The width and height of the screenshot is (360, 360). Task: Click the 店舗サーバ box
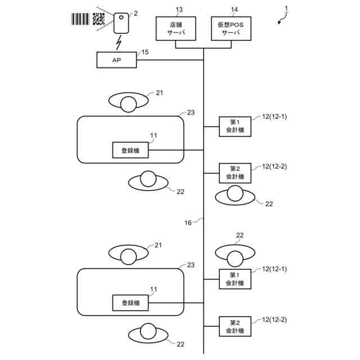click(x=176, y=29)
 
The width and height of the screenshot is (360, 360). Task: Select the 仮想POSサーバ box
click(x=231, y=29)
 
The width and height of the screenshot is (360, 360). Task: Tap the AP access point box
click(x=116, y=60)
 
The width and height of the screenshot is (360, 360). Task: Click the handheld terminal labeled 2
click(x=121, y=23)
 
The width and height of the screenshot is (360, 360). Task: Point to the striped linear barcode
click(x=80, y=19)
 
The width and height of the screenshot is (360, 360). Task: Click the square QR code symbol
click(x=99, y=19)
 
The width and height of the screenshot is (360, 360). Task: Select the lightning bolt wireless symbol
click(x=119, y=43)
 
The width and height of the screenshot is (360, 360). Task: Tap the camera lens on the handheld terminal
click(x=121, y=17)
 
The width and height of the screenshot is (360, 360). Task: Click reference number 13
click(x=179, y=10)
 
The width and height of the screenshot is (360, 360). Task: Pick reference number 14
click(x=234, y=10)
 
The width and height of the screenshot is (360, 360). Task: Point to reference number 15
click(x=145, y=52)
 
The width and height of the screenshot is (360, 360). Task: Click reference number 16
click(x=188, y=223)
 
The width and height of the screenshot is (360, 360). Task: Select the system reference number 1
click(x=286, y=8)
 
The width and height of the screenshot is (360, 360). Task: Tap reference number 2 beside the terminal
click(x=136, y=13)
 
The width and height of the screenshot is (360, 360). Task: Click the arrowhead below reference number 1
click(x=279, y=22)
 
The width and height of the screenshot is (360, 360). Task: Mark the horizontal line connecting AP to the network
click(x=170, y=60)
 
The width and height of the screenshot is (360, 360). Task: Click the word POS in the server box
click(x=236, y=25)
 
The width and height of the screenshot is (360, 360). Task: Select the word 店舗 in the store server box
click(x=176, y=25)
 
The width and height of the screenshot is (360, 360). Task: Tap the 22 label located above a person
click(x=240, y=235)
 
